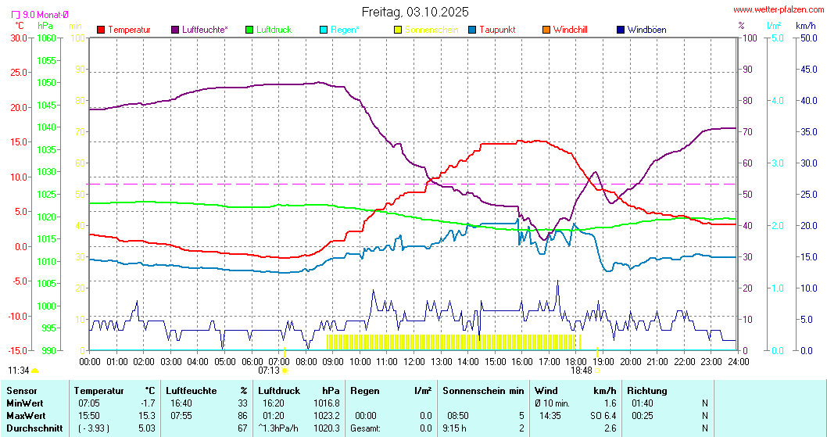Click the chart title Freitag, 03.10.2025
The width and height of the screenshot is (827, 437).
coord(415,12)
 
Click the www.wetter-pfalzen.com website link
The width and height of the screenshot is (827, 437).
coord(777,10)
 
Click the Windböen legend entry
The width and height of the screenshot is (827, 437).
coord(646,30)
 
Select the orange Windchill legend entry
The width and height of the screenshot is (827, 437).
coord(570,30)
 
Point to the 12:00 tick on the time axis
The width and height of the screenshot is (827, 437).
coord(414,361)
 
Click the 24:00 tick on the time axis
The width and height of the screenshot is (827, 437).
coord(739,361)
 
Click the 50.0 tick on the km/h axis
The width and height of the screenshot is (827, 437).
coord(806,38)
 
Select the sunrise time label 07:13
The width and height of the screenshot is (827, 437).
coord(269,371)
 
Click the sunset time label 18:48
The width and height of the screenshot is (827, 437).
coord(582,371)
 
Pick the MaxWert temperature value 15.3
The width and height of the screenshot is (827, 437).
coord(148,416)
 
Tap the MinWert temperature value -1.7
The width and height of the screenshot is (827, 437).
coord(148,403)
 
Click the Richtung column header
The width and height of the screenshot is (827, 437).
coord(647,391)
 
